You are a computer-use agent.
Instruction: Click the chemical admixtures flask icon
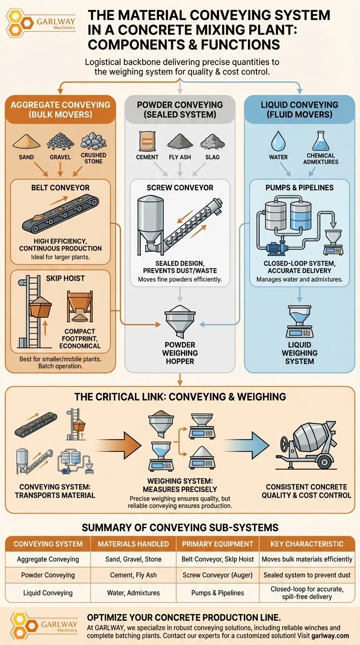tap(321, 140)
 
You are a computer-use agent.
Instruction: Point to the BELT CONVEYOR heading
tap(60, 187)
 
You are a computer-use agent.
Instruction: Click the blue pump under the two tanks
tap(276, 247)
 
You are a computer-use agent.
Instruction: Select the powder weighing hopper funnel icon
tap(180, 320)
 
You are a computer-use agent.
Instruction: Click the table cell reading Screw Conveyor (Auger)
tap(217, 575)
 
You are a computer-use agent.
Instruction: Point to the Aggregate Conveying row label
tap(48, 559)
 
